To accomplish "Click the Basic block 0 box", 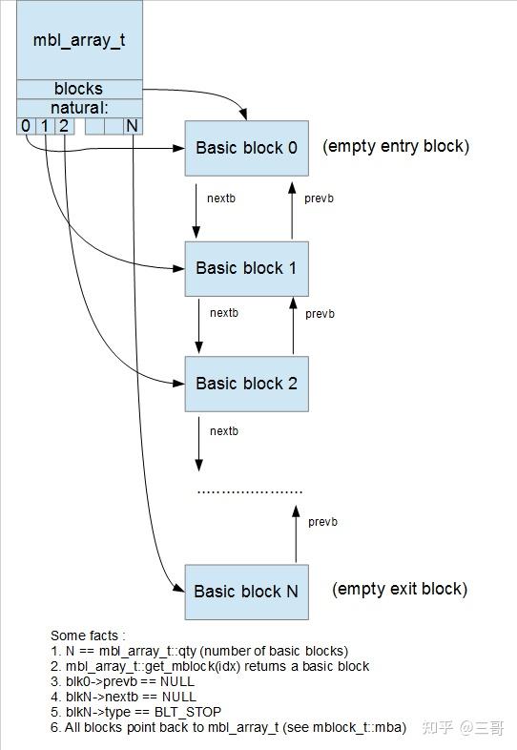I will pos(247,148).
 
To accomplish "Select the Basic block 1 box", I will pos(247,268).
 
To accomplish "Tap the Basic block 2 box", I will pos(247,384).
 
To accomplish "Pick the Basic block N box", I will pos(246,591).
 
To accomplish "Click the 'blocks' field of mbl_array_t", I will pos(78,89).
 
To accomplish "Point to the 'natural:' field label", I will pos(78,107).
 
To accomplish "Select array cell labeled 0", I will pos(26,126).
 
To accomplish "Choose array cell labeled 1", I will pos(44,126).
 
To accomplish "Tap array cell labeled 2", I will pos(63,126).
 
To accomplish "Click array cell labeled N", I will pos(132,126).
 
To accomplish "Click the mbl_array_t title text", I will pos(79,42).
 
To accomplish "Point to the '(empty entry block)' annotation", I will pos(396,147).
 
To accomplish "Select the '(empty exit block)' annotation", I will pos(400,589).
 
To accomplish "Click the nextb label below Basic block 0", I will pos(223,198).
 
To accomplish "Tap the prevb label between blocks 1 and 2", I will pos(321,314).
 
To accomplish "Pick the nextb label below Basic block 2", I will pos(223,431).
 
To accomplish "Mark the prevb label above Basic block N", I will pos(323,522).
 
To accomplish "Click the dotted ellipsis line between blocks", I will pos(249,490).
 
